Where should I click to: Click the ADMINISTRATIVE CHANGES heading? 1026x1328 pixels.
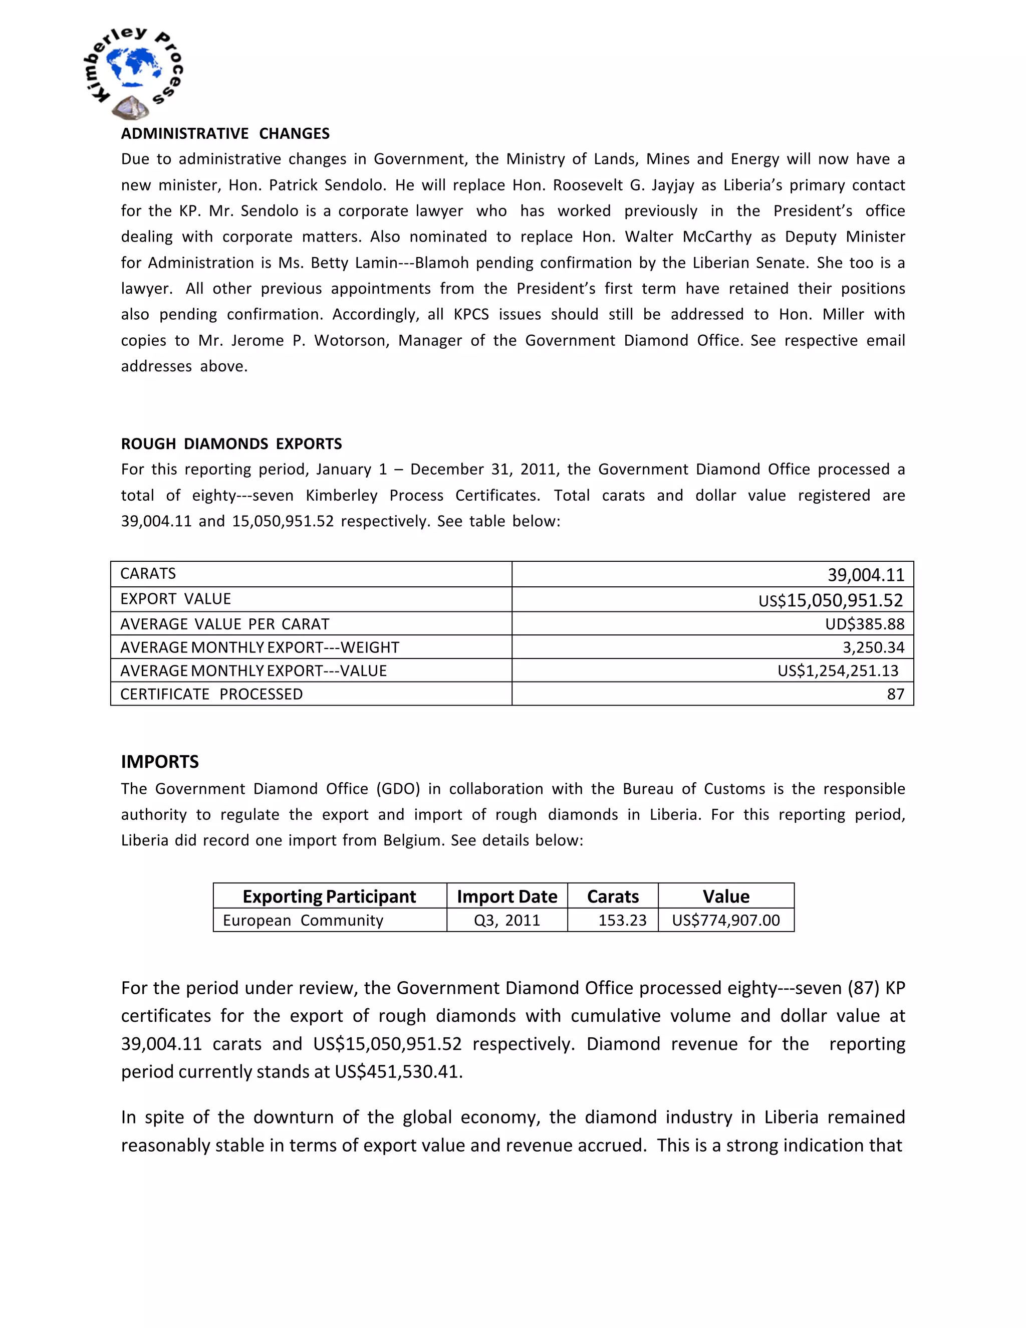coord(225,133)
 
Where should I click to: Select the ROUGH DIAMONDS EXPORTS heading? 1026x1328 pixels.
coord(231,444)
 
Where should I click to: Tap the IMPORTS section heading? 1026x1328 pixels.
coord(160,761)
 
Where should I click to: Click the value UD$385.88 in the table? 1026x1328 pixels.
coord(864,624)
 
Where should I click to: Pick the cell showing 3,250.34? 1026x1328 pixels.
coord(873,647)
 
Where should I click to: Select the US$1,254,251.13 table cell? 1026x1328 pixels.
coord(838,671)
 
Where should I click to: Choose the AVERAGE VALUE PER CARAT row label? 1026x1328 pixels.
coord(224,624)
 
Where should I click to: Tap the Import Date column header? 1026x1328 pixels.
coord(507,897)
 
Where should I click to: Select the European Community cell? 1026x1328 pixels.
coord(303,920)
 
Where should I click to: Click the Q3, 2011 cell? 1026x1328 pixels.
coord(507,920)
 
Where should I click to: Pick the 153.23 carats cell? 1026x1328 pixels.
coord(622,920)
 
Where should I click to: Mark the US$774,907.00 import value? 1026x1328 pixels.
coord(726,920)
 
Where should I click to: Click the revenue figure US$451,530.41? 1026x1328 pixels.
coord(398,1071)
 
